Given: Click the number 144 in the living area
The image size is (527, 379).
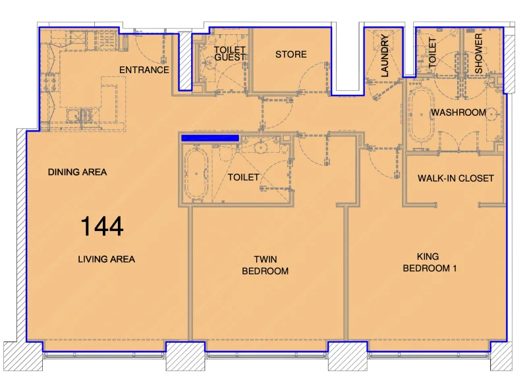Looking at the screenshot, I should [101, 226].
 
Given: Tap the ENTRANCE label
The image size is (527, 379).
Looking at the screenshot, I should [144, 70].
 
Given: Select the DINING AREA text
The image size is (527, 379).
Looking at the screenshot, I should [77, 172].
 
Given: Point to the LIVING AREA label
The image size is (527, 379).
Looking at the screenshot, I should [106, 259].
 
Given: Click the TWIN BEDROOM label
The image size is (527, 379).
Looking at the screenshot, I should [265, 265].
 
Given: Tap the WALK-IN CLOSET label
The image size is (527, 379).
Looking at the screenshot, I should [455, 178].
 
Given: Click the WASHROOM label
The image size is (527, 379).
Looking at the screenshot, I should [458, 113].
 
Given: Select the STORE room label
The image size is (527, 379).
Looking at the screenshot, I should [291, 54].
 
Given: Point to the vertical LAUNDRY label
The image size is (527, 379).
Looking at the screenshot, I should [385, 56].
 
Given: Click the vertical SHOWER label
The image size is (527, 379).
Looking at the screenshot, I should [479, 53].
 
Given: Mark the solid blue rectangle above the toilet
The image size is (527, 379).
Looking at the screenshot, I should [209, 138].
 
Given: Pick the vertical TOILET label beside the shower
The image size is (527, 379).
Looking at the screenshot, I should [433, 53].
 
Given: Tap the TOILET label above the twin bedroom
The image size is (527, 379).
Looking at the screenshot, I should [243, 178].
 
